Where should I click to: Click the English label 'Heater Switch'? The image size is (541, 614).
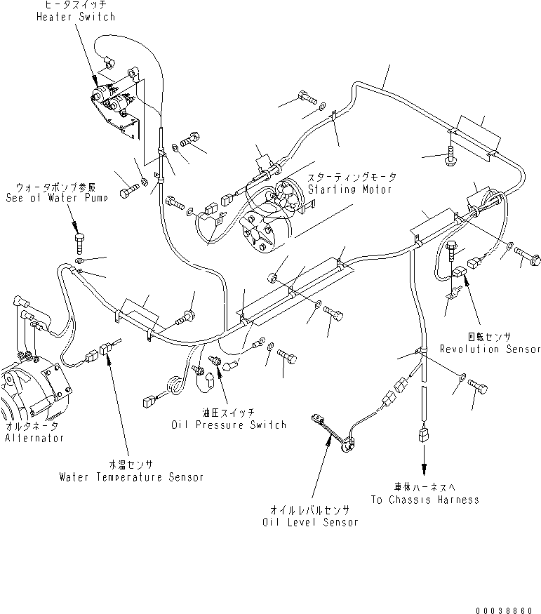click(75, 16)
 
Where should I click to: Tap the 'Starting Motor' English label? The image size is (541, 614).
click(349, 189)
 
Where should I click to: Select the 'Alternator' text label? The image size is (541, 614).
click(34, 438)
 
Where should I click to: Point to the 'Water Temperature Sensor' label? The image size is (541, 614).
click(131, 477)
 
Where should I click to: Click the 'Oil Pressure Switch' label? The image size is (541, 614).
click(229, 425)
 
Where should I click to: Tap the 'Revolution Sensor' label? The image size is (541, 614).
click(490, 349)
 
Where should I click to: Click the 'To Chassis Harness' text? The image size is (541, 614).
click(425, 499)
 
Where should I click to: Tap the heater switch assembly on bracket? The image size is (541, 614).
click(116, 102)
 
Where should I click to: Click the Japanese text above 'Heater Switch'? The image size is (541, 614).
click(76, 6)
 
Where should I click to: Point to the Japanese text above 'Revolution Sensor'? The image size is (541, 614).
click(489, 338)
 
